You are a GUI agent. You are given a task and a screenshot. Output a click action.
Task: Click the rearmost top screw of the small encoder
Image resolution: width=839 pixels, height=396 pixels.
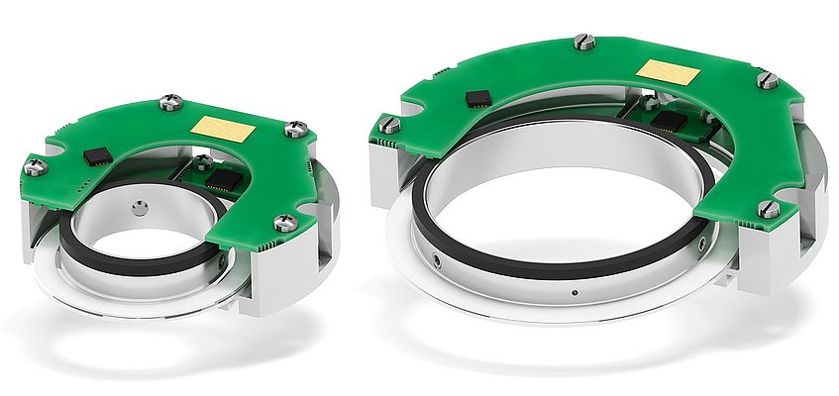[x=169, y=100]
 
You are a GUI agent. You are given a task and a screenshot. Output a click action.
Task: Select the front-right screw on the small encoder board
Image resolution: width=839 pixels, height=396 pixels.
[x=284, y=223]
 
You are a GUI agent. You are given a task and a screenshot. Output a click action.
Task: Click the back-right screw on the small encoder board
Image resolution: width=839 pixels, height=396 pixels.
[x=296, y=128]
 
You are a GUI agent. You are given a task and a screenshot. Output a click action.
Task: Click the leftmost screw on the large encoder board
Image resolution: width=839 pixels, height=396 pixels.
[x=390, y=125]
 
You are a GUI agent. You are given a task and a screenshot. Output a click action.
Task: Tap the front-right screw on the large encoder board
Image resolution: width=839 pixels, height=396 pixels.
[x=768, y=208]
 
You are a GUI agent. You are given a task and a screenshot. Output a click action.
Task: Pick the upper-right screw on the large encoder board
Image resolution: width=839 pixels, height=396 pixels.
[x=767, y=79]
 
